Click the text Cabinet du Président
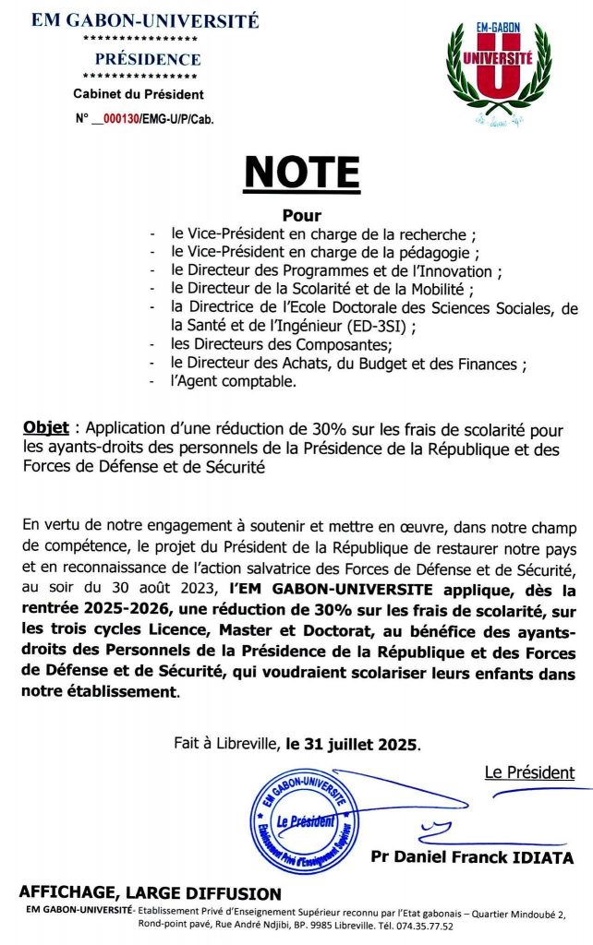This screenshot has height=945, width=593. (139, 94)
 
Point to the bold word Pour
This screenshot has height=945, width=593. (296, 216)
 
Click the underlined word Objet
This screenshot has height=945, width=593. (42, 428)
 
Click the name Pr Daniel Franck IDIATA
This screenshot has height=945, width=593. (471, 857)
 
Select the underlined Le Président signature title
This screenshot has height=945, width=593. (529, 772)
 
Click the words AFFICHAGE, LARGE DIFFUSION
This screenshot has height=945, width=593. (150, 893)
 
